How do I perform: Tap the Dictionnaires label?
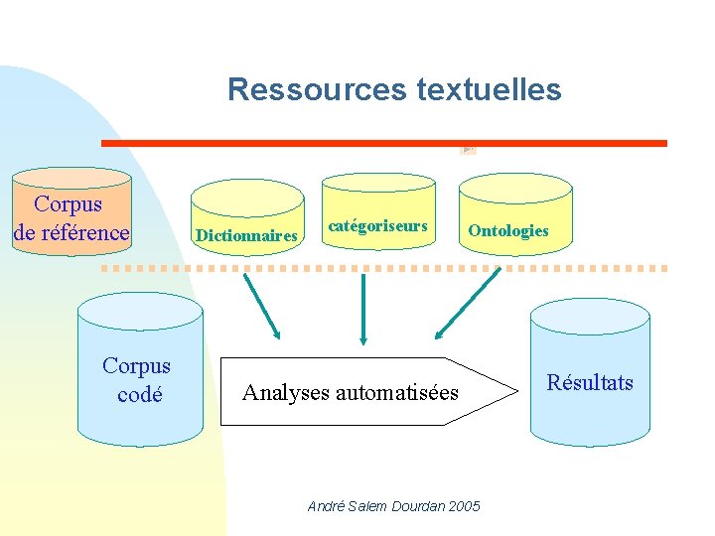coord(247,236)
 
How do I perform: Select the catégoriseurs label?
coord(377,226)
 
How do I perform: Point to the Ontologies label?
coord(507,231)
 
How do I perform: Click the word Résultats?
coord(590,383)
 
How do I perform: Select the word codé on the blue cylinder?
coord(139,394)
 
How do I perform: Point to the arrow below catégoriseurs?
coord(363,308)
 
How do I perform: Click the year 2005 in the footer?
coord(464,506)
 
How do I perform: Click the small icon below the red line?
coord(468,150)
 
